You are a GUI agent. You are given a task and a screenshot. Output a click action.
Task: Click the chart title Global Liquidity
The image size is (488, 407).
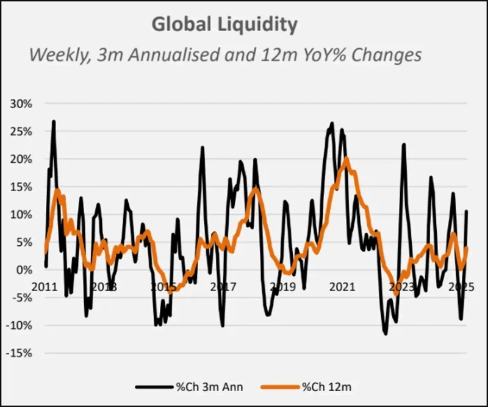click(x=224, y=24)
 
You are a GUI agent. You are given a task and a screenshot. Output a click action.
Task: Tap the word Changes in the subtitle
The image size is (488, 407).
click(x=384, y=55)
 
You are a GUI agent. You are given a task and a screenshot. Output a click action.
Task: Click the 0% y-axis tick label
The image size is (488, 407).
click(x=25, y=270)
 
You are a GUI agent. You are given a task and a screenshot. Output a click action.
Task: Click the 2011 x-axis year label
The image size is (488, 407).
click(x=45, y=286)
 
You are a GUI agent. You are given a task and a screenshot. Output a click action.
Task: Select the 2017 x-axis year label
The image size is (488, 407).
click(x=223, y=286)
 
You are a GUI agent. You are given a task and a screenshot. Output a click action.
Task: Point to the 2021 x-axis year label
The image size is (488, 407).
click(x=342, y=286)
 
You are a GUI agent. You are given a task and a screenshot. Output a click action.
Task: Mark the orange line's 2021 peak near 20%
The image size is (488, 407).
click(x=346, y=158)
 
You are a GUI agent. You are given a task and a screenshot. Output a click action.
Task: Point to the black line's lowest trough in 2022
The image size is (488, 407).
click(x=386, y=334)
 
